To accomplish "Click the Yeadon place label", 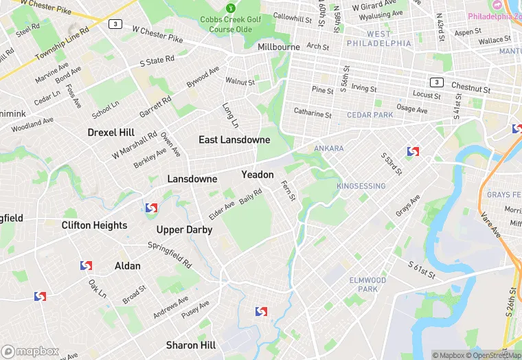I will (x=258, y=175).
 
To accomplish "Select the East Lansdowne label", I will (x=234, y=139).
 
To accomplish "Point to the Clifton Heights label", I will (x=94, y=225).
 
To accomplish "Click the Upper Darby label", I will (x=184, y=229).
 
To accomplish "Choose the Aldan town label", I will (x=128, y=266).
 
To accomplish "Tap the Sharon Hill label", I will (x=191, y=345).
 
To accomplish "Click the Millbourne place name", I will (x=279, y=47).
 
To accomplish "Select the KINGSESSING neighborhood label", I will (x=361, y=186).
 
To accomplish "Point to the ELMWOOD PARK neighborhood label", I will (x=367, y=284).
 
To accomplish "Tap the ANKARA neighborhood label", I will (x=328, y=148).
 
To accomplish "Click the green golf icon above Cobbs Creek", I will (x=231, y=8).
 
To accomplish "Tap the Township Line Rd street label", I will (x=63, y=42).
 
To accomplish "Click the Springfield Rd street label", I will (x=170, y=254).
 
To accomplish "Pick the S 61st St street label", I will (x=422, y=269).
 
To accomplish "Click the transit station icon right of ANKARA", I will (x=413, y=151).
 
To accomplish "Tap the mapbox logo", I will (x=30, y=350).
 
